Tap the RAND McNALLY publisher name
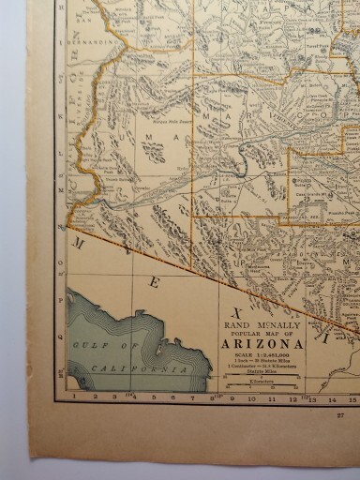click(262, 324)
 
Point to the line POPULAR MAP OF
click(262, 333)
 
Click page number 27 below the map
click(339, 413)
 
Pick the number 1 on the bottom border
click(73, 397)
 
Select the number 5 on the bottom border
click(154, 397)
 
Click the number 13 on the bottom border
click(312, 398)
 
